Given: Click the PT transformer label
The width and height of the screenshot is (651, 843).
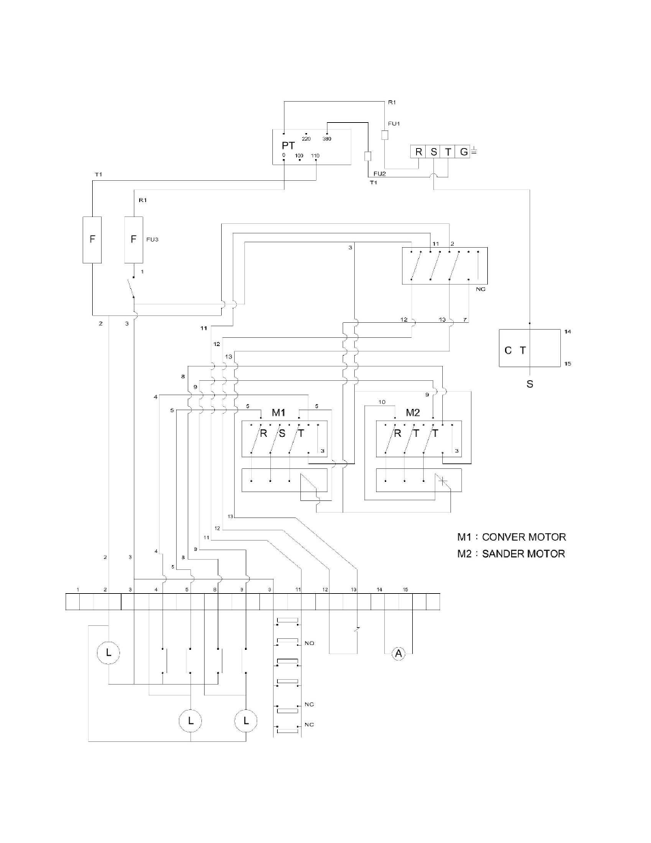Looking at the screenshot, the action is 288,145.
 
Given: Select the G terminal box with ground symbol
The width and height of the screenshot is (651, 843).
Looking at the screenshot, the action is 463,152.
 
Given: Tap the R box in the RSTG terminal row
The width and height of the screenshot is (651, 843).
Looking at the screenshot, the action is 418,152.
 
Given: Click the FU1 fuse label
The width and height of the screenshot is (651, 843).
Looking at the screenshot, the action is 394,124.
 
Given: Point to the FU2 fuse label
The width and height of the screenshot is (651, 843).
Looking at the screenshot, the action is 379,173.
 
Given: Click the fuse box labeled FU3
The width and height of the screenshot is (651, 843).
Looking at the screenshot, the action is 133,240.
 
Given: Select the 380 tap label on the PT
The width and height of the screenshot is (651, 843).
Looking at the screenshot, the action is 327,139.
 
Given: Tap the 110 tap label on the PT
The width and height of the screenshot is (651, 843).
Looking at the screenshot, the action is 315,156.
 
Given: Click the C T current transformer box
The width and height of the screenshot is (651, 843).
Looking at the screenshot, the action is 530,348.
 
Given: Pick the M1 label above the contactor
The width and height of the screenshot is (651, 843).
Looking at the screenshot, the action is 278,412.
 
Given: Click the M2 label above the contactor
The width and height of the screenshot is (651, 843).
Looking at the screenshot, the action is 413,412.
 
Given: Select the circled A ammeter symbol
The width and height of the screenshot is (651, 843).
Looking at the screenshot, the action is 399,654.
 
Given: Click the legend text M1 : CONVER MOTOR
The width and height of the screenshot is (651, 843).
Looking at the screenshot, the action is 511,537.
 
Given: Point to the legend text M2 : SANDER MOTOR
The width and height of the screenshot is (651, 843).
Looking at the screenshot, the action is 511,554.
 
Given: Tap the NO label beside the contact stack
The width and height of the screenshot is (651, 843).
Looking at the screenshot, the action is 309,643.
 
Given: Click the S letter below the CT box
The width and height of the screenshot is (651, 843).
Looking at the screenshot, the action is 530,384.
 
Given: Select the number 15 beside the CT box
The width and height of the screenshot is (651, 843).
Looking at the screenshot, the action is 568,364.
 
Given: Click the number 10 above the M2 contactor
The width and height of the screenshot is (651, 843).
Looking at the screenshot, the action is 382,402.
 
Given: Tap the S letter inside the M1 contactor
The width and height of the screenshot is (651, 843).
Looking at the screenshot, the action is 282,433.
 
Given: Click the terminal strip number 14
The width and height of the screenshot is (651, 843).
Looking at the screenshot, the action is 379,589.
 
